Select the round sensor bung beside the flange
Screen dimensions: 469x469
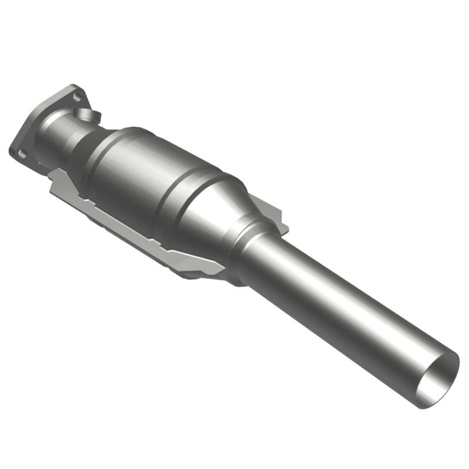click(x=90, y=114)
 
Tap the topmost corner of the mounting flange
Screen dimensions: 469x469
click(x=74, y=86)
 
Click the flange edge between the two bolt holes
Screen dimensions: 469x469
click(x=44, y=117)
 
